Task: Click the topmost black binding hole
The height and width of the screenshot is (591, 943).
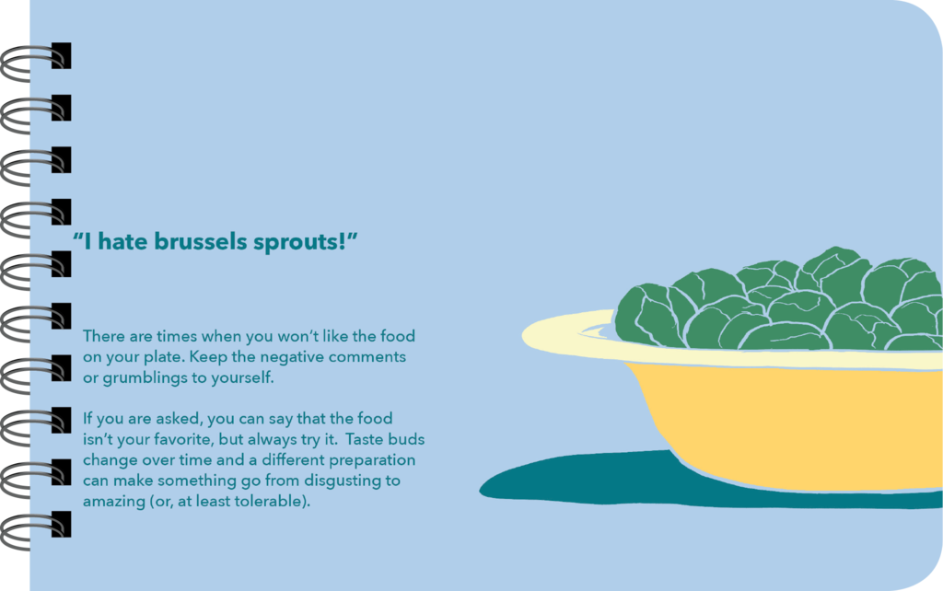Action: pyautogui.click(x=62, y=55)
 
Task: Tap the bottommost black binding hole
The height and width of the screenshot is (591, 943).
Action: pyautogui.click(x=62, y=525)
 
